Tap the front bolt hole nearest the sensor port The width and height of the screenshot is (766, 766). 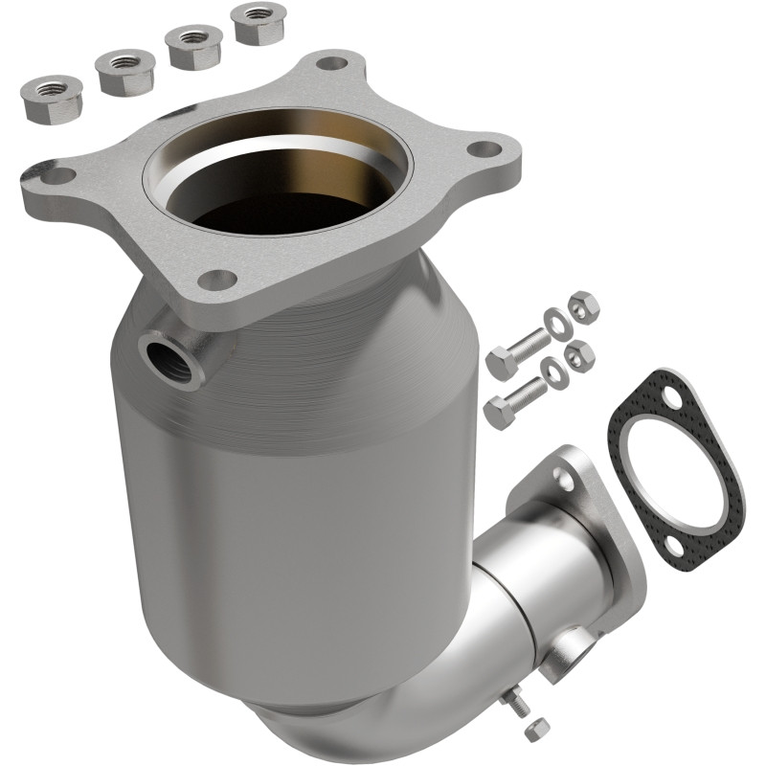click(218, 280)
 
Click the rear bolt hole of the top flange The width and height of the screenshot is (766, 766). click(331, 64)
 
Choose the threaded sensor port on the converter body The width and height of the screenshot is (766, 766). click(162, 356)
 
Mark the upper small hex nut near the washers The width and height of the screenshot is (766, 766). click(583, 306)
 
